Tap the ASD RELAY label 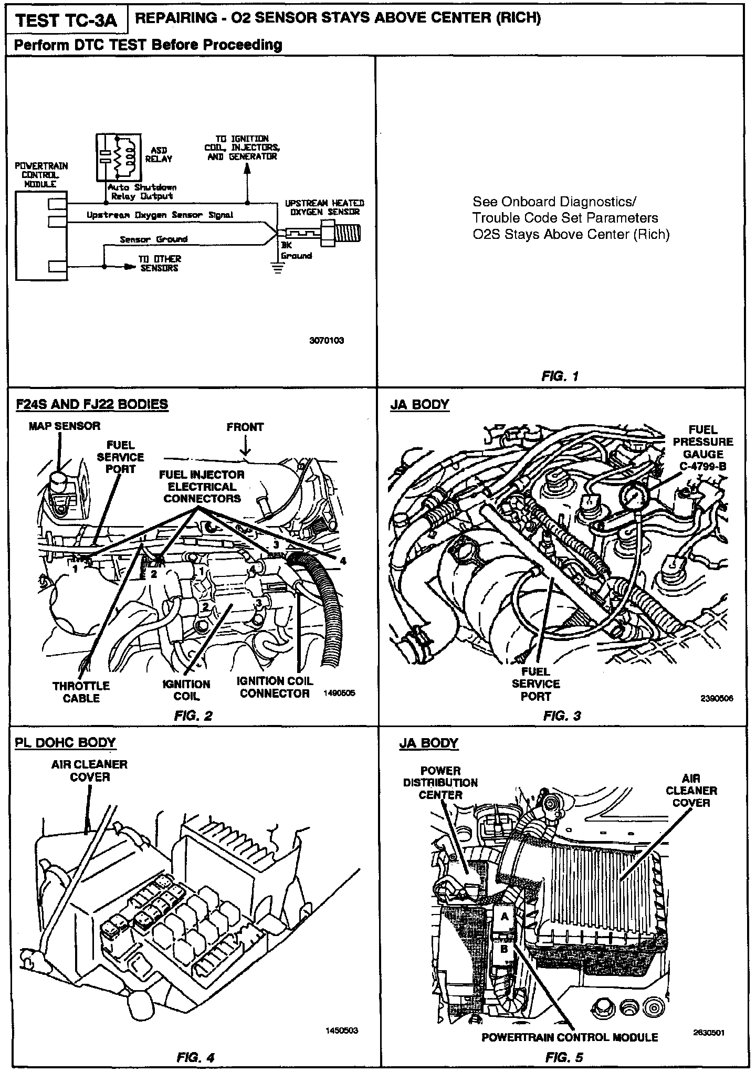pos(158,154)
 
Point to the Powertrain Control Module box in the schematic pos(41,236)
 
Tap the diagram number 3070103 pos(327,340)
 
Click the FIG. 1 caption pos(560,376)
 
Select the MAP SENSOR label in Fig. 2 pos(64,426)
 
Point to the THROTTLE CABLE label pos(81,692)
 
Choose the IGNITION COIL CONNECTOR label pos(275,687)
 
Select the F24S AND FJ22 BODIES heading pos(92,404)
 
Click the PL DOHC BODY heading pos(65,743)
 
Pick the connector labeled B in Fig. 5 pos(503,949)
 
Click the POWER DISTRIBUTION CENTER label pos(440,783)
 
